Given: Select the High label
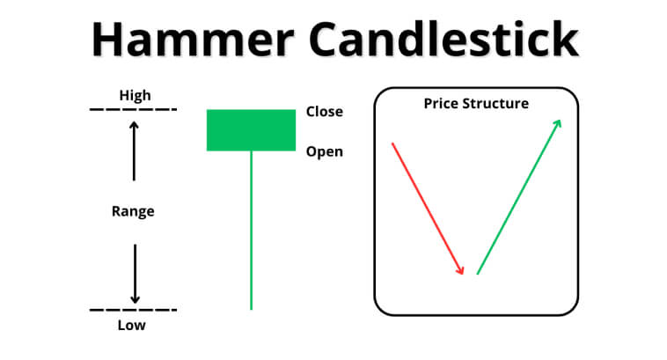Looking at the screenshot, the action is (x=135, y=95).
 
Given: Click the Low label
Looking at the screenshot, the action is (x=131, y=325).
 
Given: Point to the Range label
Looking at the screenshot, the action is (x=133, y=211).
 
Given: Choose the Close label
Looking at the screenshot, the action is (x=325, y=112).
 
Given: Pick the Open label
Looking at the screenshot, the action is (x=325, y=151).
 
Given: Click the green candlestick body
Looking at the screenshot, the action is (x=251, y=130).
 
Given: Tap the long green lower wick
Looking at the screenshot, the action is (x=252, y=231).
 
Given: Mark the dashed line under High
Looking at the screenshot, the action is (x=133, y=110).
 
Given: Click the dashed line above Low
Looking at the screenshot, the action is (x=133, y=310).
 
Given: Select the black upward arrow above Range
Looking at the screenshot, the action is (x=134, y=151).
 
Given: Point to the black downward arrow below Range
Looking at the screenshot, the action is (x=135, y=274).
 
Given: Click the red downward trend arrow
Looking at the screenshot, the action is (x=428, y=209).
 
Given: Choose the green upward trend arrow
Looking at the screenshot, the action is (x=519, y=197).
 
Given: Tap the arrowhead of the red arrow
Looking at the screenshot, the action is (x=461, y=270).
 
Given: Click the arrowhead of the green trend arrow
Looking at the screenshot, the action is (x=558, y=124).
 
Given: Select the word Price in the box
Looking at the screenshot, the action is (x=441, y=103).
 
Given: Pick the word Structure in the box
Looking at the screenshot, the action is (x=495, y=103).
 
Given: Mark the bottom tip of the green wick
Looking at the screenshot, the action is (x=252, y=309).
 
